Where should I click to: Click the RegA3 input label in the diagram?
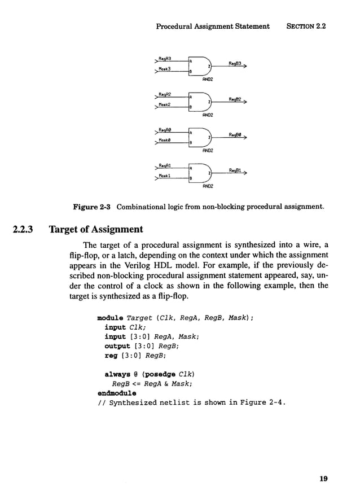(x=165, y=58)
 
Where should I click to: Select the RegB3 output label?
(x=235, y=63)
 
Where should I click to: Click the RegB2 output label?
(x=235, y=99)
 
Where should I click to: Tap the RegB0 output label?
(x=235, y=135)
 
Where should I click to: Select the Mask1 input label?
(x=164, y=177)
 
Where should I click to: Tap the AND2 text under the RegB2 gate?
(x=207, y=115)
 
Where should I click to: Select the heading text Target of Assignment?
(x=96, y=230)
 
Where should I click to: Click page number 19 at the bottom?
(x=323, y=479)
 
